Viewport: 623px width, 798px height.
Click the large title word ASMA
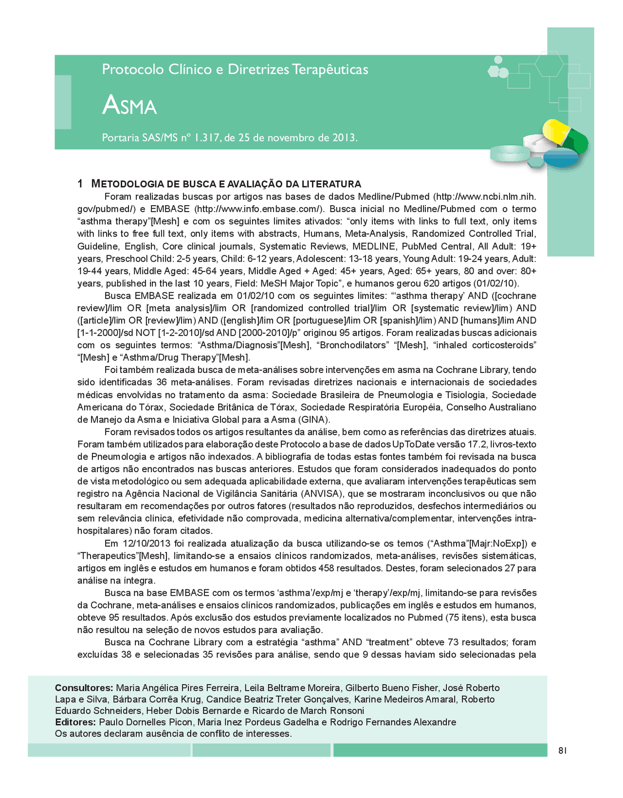click(x=129, y=105)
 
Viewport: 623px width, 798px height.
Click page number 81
click(x=563, y=750)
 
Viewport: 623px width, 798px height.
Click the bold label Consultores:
click(x=84, y=688)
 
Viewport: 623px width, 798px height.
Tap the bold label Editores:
click(x=75, y=722)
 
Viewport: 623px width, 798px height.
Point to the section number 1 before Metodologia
click(x=80, y=184)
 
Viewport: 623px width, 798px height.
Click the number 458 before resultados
click(x=326, y=568)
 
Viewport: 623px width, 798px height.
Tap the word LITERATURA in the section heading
click(x=331, y=184)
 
